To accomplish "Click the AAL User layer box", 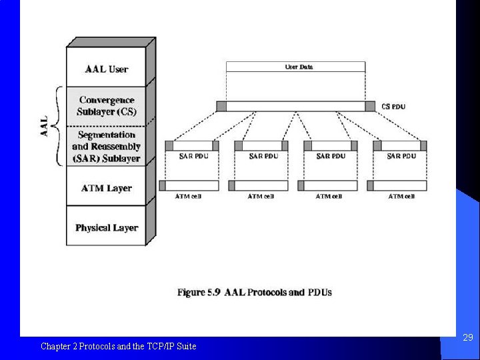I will pos(106,69).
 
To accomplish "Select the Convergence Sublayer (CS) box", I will pos(106,105).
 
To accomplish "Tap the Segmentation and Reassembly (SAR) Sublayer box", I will pos(106,146).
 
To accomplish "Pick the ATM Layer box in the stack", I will pos(106,188).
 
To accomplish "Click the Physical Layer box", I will pos(106,227).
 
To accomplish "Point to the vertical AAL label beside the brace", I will pos(45,126).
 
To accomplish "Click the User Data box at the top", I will pos(295,67).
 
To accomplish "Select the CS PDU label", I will pos(393,106).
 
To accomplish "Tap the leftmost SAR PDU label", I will pos(194,157).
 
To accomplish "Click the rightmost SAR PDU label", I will pos(402,157).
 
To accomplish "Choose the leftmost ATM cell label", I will pos(188,197).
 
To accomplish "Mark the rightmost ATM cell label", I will pos(401,197).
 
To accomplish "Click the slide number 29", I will pos(468,338).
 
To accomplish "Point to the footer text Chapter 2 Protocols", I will pos(118,346).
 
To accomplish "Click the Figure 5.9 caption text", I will pos(254,292).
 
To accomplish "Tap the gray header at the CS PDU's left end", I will pos(221,106).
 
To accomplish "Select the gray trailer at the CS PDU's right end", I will pos(370,106).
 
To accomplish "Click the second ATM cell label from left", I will pos(261,197).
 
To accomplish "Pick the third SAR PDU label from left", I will pos(331,157).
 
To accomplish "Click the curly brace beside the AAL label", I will pos(57,126).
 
